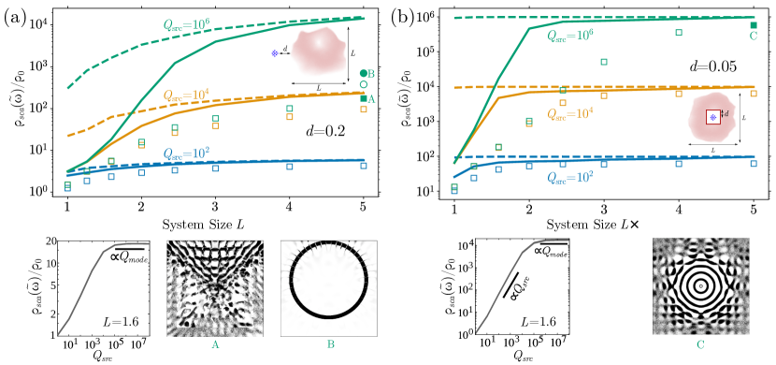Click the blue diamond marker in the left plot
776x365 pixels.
tap(275, 53)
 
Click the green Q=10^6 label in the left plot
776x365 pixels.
tap(183, 24)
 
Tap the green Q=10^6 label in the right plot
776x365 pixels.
tap(570, 36)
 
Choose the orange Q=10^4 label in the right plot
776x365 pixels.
tap(570, 113)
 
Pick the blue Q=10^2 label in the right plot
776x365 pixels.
tap(570, 176)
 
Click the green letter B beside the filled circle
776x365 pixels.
tap(371, 74)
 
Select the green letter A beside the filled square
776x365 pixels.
tap(371, 98)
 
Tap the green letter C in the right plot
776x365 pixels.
tap(754, 36)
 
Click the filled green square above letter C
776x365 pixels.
tap(754, 25)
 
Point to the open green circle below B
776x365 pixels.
tap(364, 85)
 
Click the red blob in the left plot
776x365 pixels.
tap(318, 51)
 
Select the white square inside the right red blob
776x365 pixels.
tap(712, 117)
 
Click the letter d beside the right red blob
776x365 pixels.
tap(726, 113)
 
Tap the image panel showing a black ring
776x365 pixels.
tap(329, 287)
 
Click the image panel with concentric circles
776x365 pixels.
tap(700, 286)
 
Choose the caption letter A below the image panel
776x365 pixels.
tap(215, 344)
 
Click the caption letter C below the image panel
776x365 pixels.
tap(700, 344)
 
